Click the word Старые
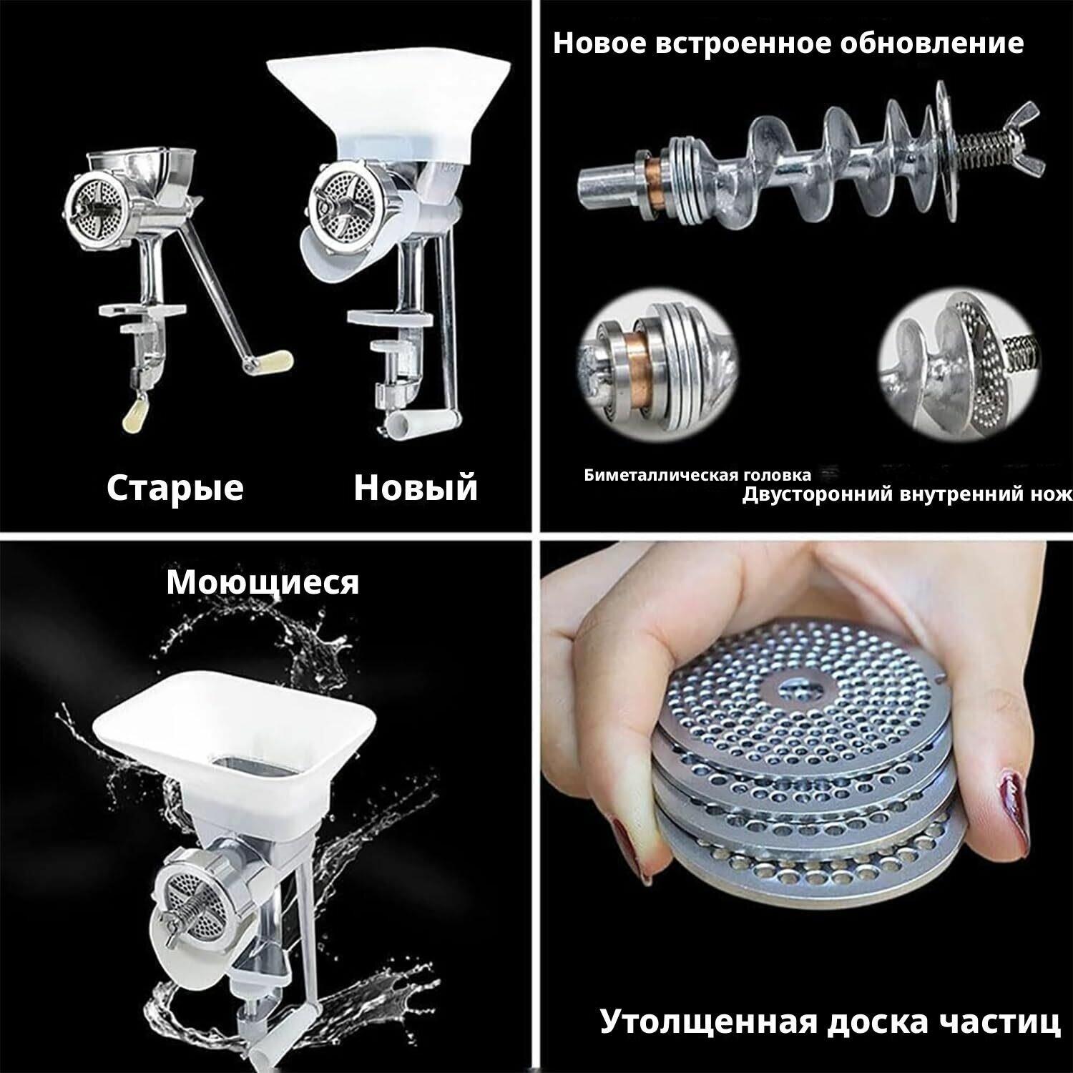pos(175,488)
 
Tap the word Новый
pos(416,488)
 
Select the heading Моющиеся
pos(263,582)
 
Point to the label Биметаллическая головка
pos(698,475)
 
